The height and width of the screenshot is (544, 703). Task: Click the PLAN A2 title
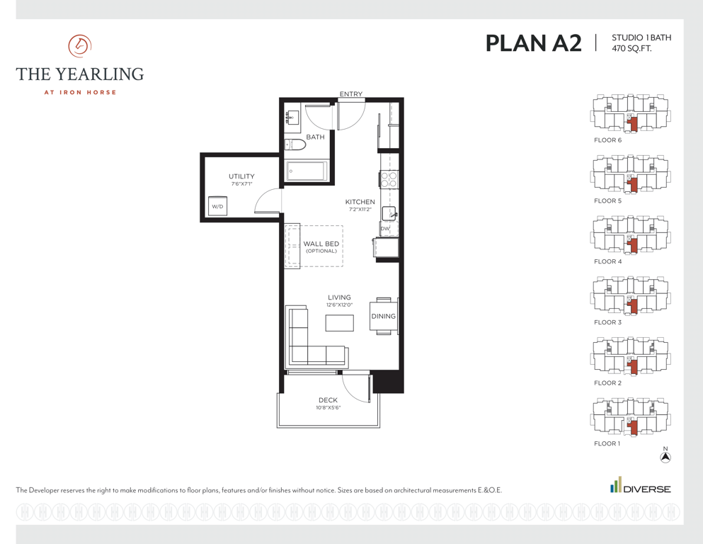pos(534,43)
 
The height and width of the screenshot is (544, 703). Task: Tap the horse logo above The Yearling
pos(80,46)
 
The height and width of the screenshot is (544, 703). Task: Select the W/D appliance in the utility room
pos(217,206)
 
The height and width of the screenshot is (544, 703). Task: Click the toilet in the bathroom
pos(295,144)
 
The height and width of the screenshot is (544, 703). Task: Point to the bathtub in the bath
pos(307,171)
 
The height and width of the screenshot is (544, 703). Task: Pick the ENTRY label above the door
pos(351,93)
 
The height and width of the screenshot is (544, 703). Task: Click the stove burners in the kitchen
pos(389,179)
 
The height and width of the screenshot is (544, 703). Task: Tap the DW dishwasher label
pos(385,228)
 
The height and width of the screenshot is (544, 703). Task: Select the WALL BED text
pos(321,244)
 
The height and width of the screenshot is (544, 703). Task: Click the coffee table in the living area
pos(339,323)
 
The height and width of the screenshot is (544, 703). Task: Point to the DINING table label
pos(383,316)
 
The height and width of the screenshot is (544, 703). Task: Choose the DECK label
pos(328,400)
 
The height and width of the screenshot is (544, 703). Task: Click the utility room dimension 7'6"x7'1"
pos(241,184)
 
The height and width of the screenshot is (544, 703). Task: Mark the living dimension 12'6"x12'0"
pos(339,305)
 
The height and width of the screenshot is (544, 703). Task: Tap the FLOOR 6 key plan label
pos(608,140)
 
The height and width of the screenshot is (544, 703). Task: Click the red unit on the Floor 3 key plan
pos(633,306)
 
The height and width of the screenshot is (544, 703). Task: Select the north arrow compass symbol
pos(665,457)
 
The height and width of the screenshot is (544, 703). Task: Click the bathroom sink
pos(292,118)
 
